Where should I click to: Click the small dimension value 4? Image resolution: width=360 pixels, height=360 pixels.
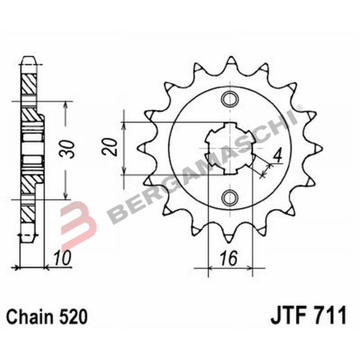point(275,153)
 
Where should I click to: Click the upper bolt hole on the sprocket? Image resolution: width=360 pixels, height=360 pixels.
point(230,99)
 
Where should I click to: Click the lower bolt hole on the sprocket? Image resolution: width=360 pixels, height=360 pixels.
point(230,196)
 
